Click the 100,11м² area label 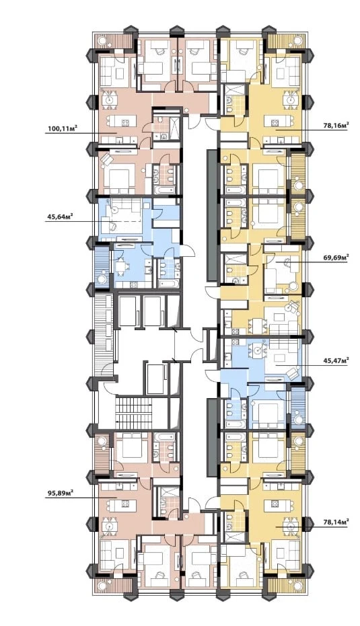tap(62, 128)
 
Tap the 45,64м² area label tap(62, 217)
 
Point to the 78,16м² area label tap(336, 125)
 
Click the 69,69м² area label tap(336, 258)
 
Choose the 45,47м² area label tap(336, 361)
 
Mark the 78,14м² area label tap(336, 521)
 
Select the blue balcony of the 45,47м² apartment tap(297, 408)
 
